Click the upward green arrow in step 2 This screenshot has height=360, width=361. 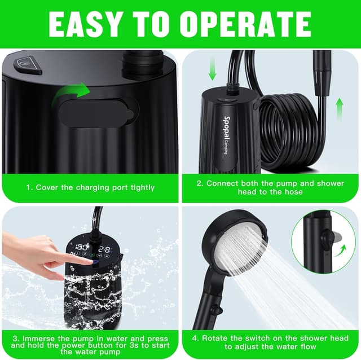pos(340,109)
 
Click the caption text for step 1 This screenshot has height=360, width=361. pos(90,187)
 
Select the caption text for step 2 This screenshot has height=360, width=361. pos(270,187)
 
